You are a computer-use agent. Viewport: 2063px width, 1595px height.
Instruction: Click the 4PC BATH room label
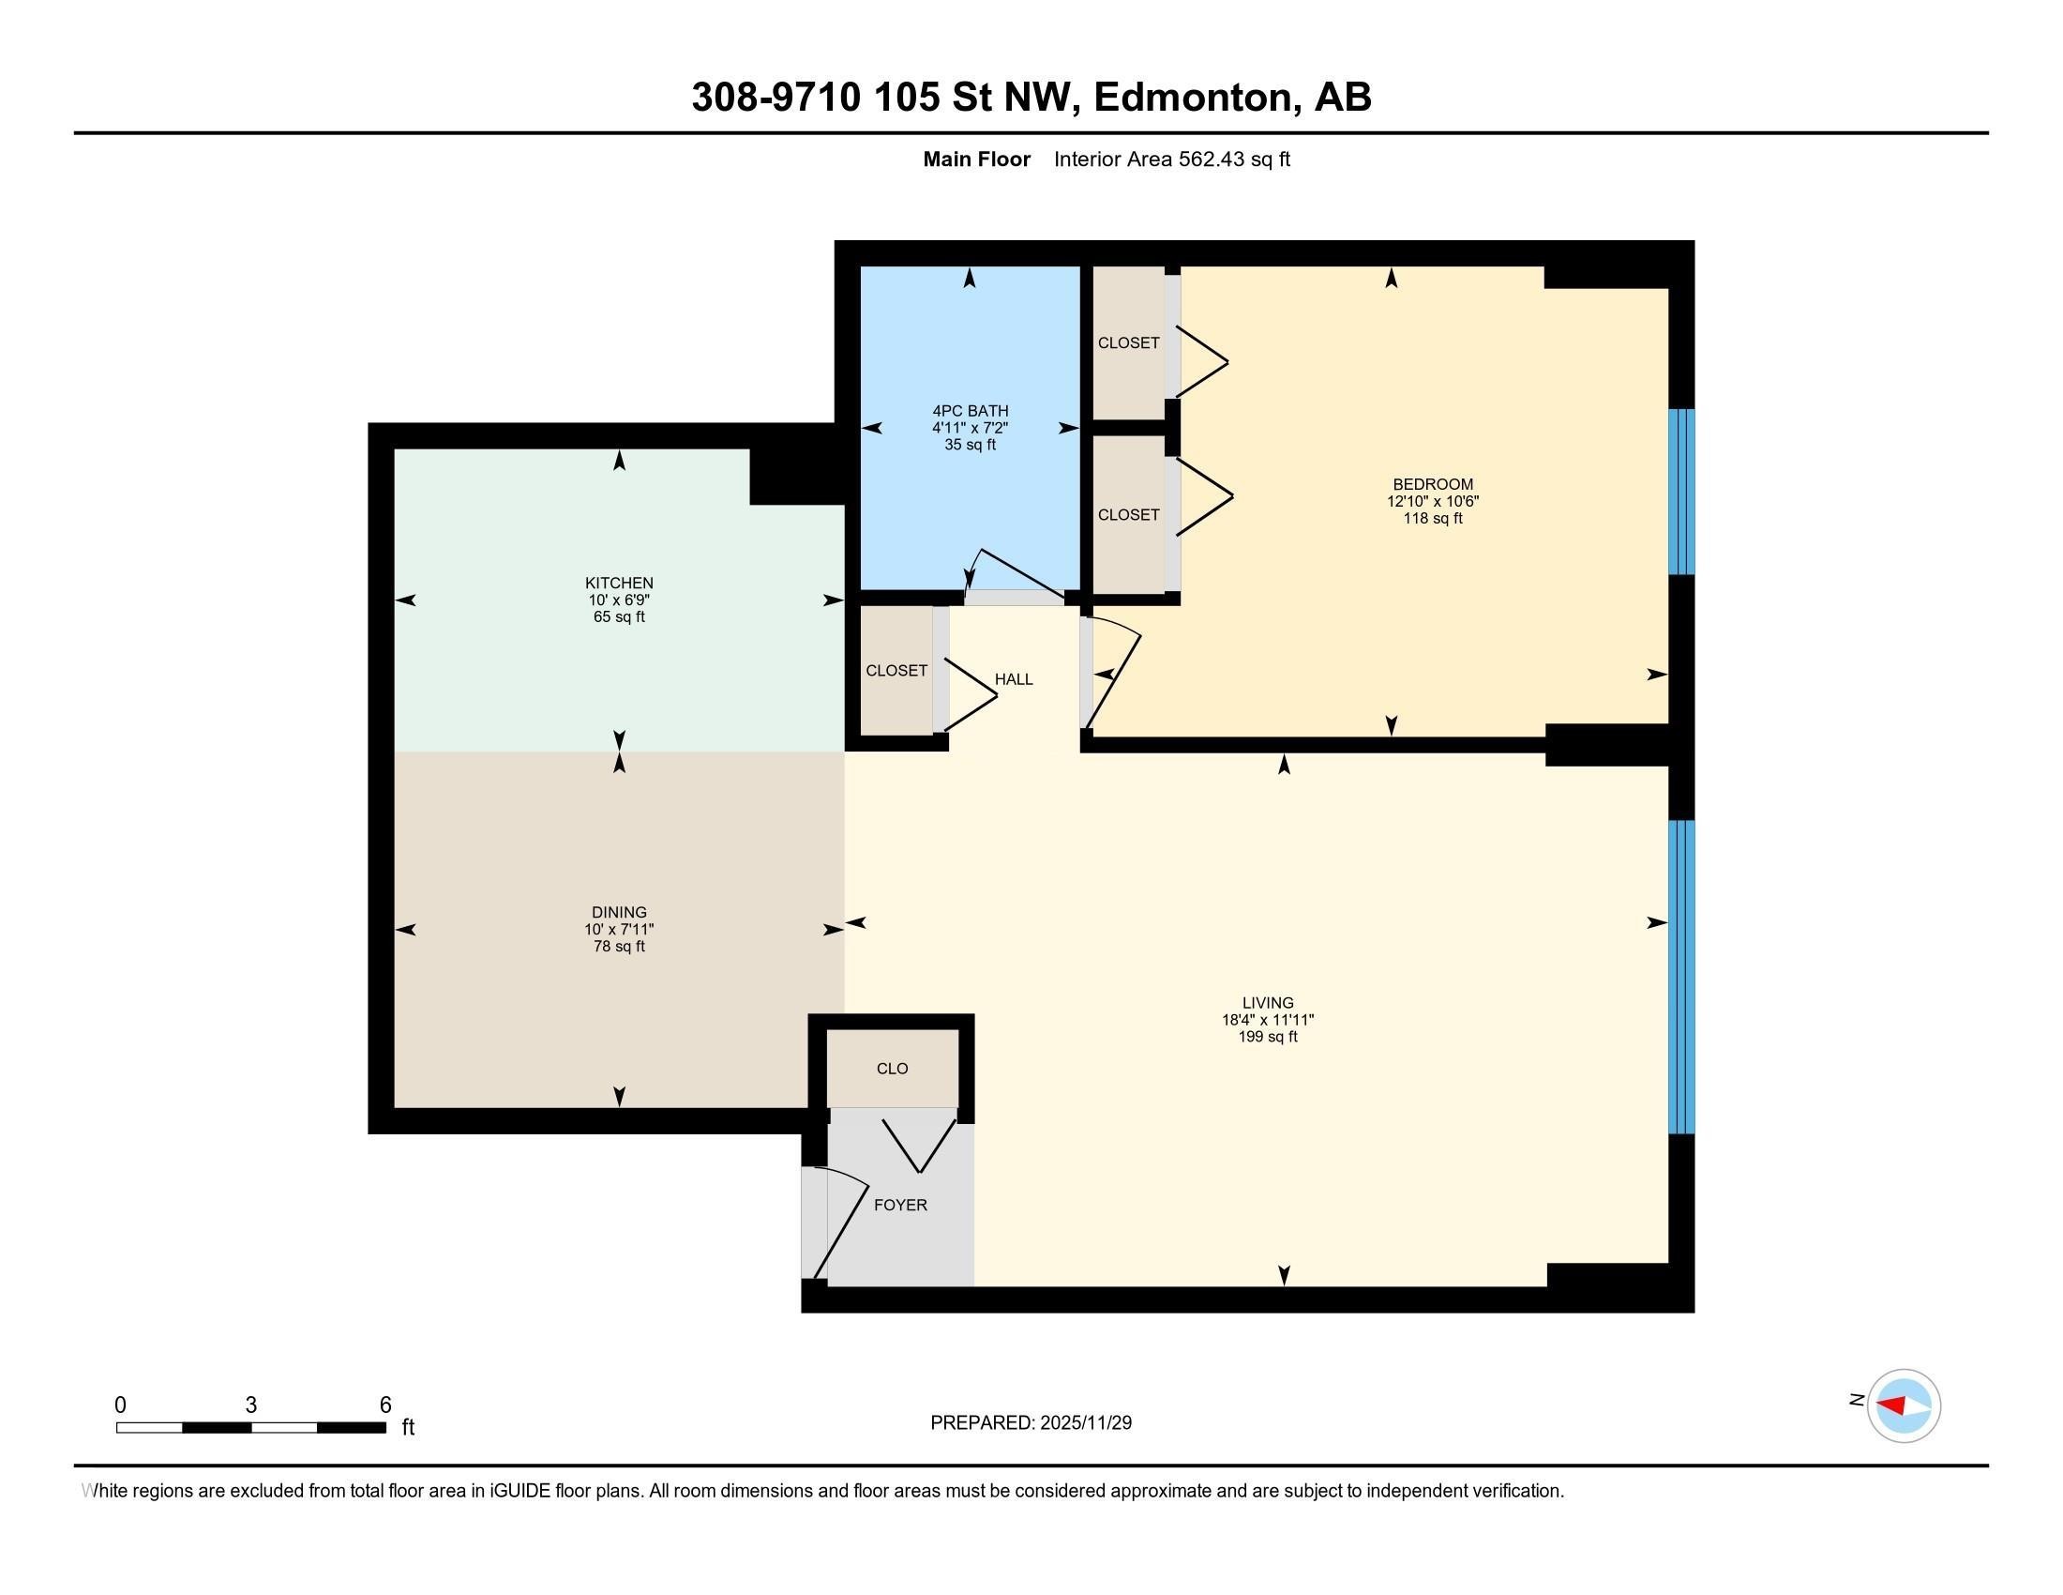pyautogui.click(x=970, y=411)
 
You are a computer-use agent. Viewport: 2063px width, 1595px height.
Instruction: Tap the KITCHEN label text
pyautogui.click(x=619, y=583)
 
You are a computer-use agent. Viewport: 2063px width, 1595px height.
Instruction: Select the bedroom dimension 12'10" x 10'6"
pyautogui.click(x=1432, y=502)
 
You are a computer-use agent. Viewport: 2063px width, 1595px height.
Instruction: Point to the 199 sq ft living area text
pyautogui.click(x=1268, y=1037)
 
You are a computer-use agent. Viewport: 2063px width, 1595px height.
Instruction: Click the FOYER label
pyautogui.click(x=900, y=1205)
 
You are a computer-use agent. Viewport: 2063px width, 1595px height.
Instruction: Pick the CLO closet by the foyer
pyautogui.click(x=892, y=1069)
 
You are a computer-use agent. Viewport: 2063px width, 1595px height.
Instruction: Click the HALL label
pyautogui.click(x=1014, y=679)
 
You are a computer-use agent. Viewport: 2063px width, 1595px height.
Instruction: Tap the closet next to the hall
pyautogui.click(x=896, y=671)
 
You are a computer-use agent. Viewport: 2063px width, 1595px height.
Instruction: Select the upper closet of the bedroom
pyautogui.click(x=1128, y=343)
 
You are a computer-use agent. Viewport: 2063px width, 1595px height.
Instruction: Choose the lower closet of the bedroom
pyautogui.click(x=1128, y=515)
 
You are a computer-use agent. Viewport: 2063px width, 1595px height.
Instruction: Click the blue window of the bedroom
pyautogui.click(x=1681, y=492)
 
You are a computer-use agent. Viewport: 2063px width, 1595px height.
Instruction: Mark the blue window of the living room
pyautogui.click(x=1681, y=976)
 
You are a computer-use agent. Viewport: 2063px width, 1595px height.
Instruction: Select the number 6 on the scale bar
pyautogui.click(x=384, y=1405)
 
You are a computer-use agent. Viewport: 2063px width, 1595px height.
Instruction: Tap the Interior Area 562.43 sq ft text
pyautogui.click(x=1171, y=159)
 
